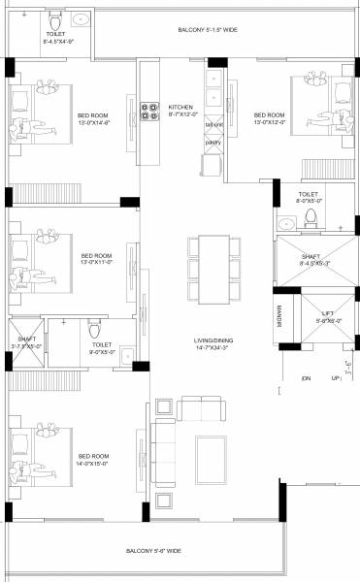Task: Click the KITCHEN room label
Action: (181, 107)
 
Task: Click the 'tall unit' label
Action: (213, 125)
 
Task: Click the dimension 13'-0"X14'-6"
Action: (94, 122)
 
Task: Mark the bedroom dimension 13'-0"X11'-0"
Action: (97, 261)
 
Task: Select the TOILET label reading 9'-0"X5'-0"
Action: (102, 352)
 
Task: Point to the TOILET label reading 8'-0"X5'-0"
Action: (308, 202)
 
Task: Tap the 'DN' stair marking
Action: (306, 377)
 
